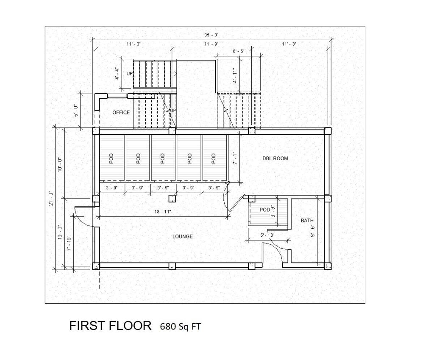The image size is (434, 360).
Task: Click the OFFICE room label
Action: (121, 113)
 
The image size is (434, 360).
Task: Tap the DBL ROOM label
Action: (275, 158)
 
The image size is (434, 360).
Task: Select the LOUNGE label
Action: (183, 236)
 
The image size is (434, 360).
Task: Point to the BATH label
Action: (307, 221)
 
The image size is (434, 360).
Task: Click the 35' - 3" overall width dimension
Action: (211, 35)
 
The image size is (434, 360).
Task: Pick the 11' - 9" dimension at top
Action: (211, 44)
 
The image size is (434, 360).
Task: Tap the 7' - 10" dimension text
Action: (69, 243)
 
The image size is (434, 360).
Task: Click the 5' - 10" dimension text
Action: (267, 235)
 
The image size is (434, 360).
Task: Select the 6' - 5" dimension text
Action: (239, 51)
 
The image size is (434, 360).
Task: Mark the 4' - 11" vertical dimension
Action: (234, 75)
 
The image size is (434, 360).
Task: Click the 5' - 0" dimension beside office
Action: (76, 110)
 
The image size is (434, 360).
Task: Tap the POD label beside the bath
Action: (265, 210)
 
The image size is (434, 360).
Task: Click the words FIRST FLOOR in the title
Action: (110, 326)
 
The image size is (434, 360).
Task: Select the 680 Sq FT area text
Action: (180, 327)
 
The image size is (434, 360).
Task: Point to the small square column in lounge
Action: (172, 198)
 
